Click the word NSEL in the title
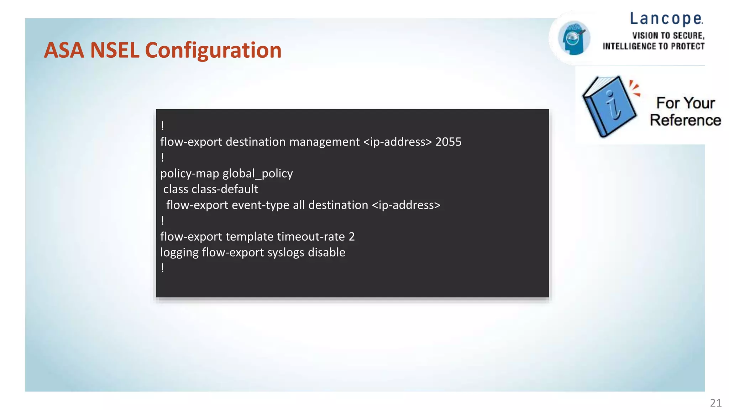(x=115, y=50)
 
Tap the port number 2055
(x=448, y=142)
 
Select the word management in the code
(x=324, y=142)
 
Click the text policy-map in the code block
(x=189, y=174)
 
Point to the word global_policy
(x=257, y=174)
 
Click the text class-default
(x=225, y=189)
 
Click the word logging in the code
(x=179, y=253)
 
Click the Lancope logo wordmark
(x=666, y=19)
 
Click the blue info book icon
(x=609, y=106)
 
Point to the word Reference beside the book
(x=685, y=120)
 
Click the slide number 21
(x=715, y=403)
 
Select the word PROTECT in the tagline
(x=687, y=47)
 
